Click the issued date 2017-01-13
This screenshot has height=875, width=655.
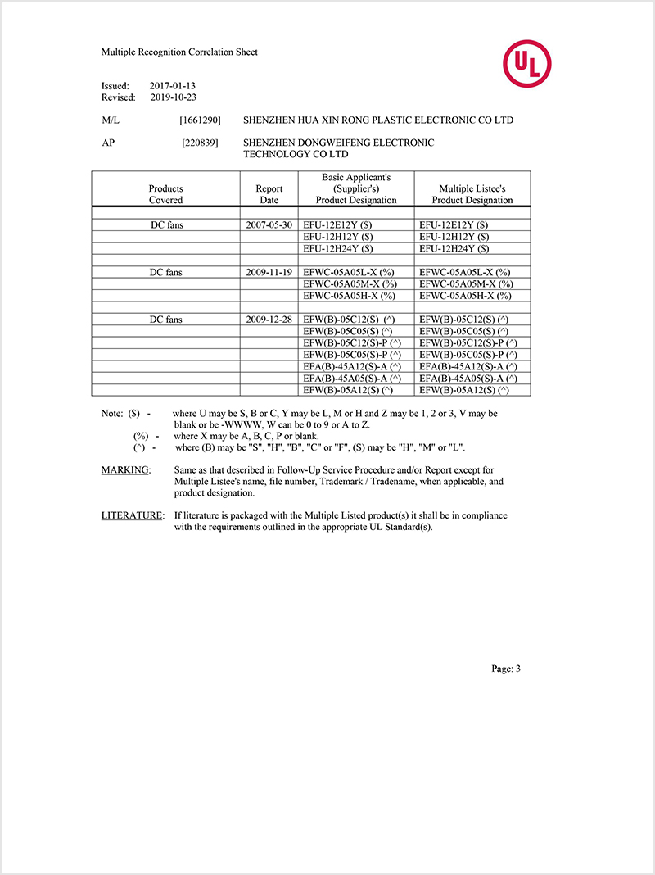173,85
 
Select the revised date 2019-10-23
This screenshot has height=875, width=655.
174,97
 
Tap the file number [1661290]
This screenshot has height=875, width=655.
200,120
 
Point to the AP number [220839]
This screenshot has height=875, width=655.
200,143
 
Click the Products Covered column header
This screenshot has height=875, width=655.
166,194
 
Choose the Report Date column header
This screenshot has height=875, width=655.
269,194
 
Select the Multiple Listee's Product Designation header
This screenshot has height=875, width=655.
472,194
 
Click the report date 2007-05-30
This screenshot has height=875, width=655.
269,224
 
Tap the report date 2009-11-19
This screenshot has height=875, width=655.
269,272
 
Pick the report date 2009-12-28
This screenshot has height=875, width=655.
269,319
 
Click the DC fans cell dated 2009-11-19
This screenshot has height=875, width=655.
166,272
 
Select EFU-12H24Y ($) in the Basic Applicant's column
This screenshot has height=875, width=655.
338,248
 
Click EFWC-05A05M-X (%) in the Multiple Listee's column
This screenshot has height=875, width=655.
465,283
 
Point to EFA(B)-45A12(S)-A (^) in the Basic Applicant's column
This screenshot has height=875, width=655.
352,366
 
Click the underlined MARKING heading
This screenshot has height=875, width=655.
126,470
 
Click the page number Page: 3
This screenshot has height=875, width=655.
506,669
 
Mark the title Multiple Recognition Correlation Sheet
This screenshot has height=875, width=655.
179,52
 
